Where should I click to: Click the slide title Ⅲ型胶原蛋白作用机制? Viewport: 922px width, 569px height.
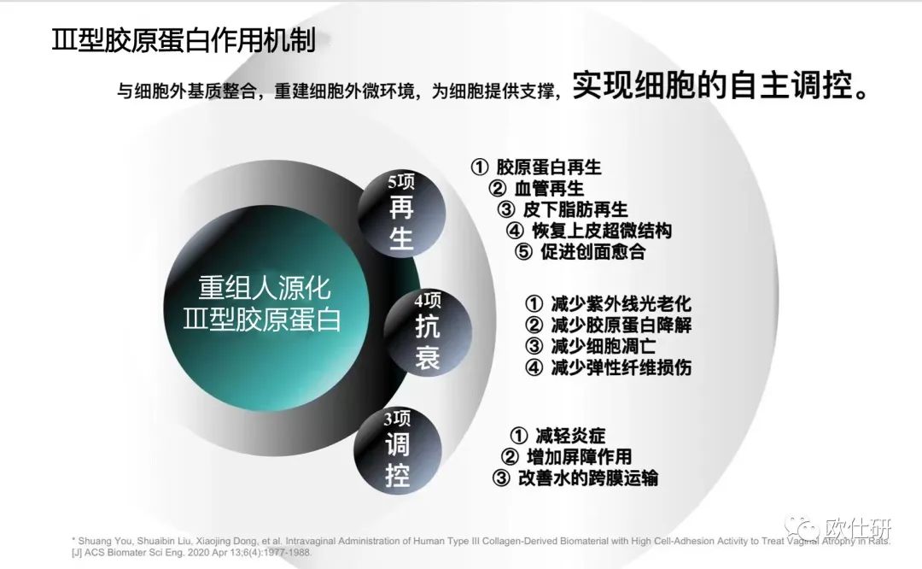point(184,40)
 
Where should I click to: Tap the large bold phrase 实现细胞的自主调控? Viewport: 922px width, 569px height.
point(720,85)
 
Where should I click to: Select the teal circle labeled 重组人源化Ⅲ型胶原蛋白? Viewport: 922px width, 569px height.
point(266,308)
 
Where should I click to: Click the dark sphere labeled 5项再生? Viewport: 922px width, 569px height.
point(401,213)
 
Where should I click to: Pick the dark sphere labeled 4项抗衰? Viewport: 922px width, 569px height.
point(428,331)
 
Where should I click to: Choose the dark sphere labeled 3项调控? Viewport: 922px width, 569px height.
point(398,451)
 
